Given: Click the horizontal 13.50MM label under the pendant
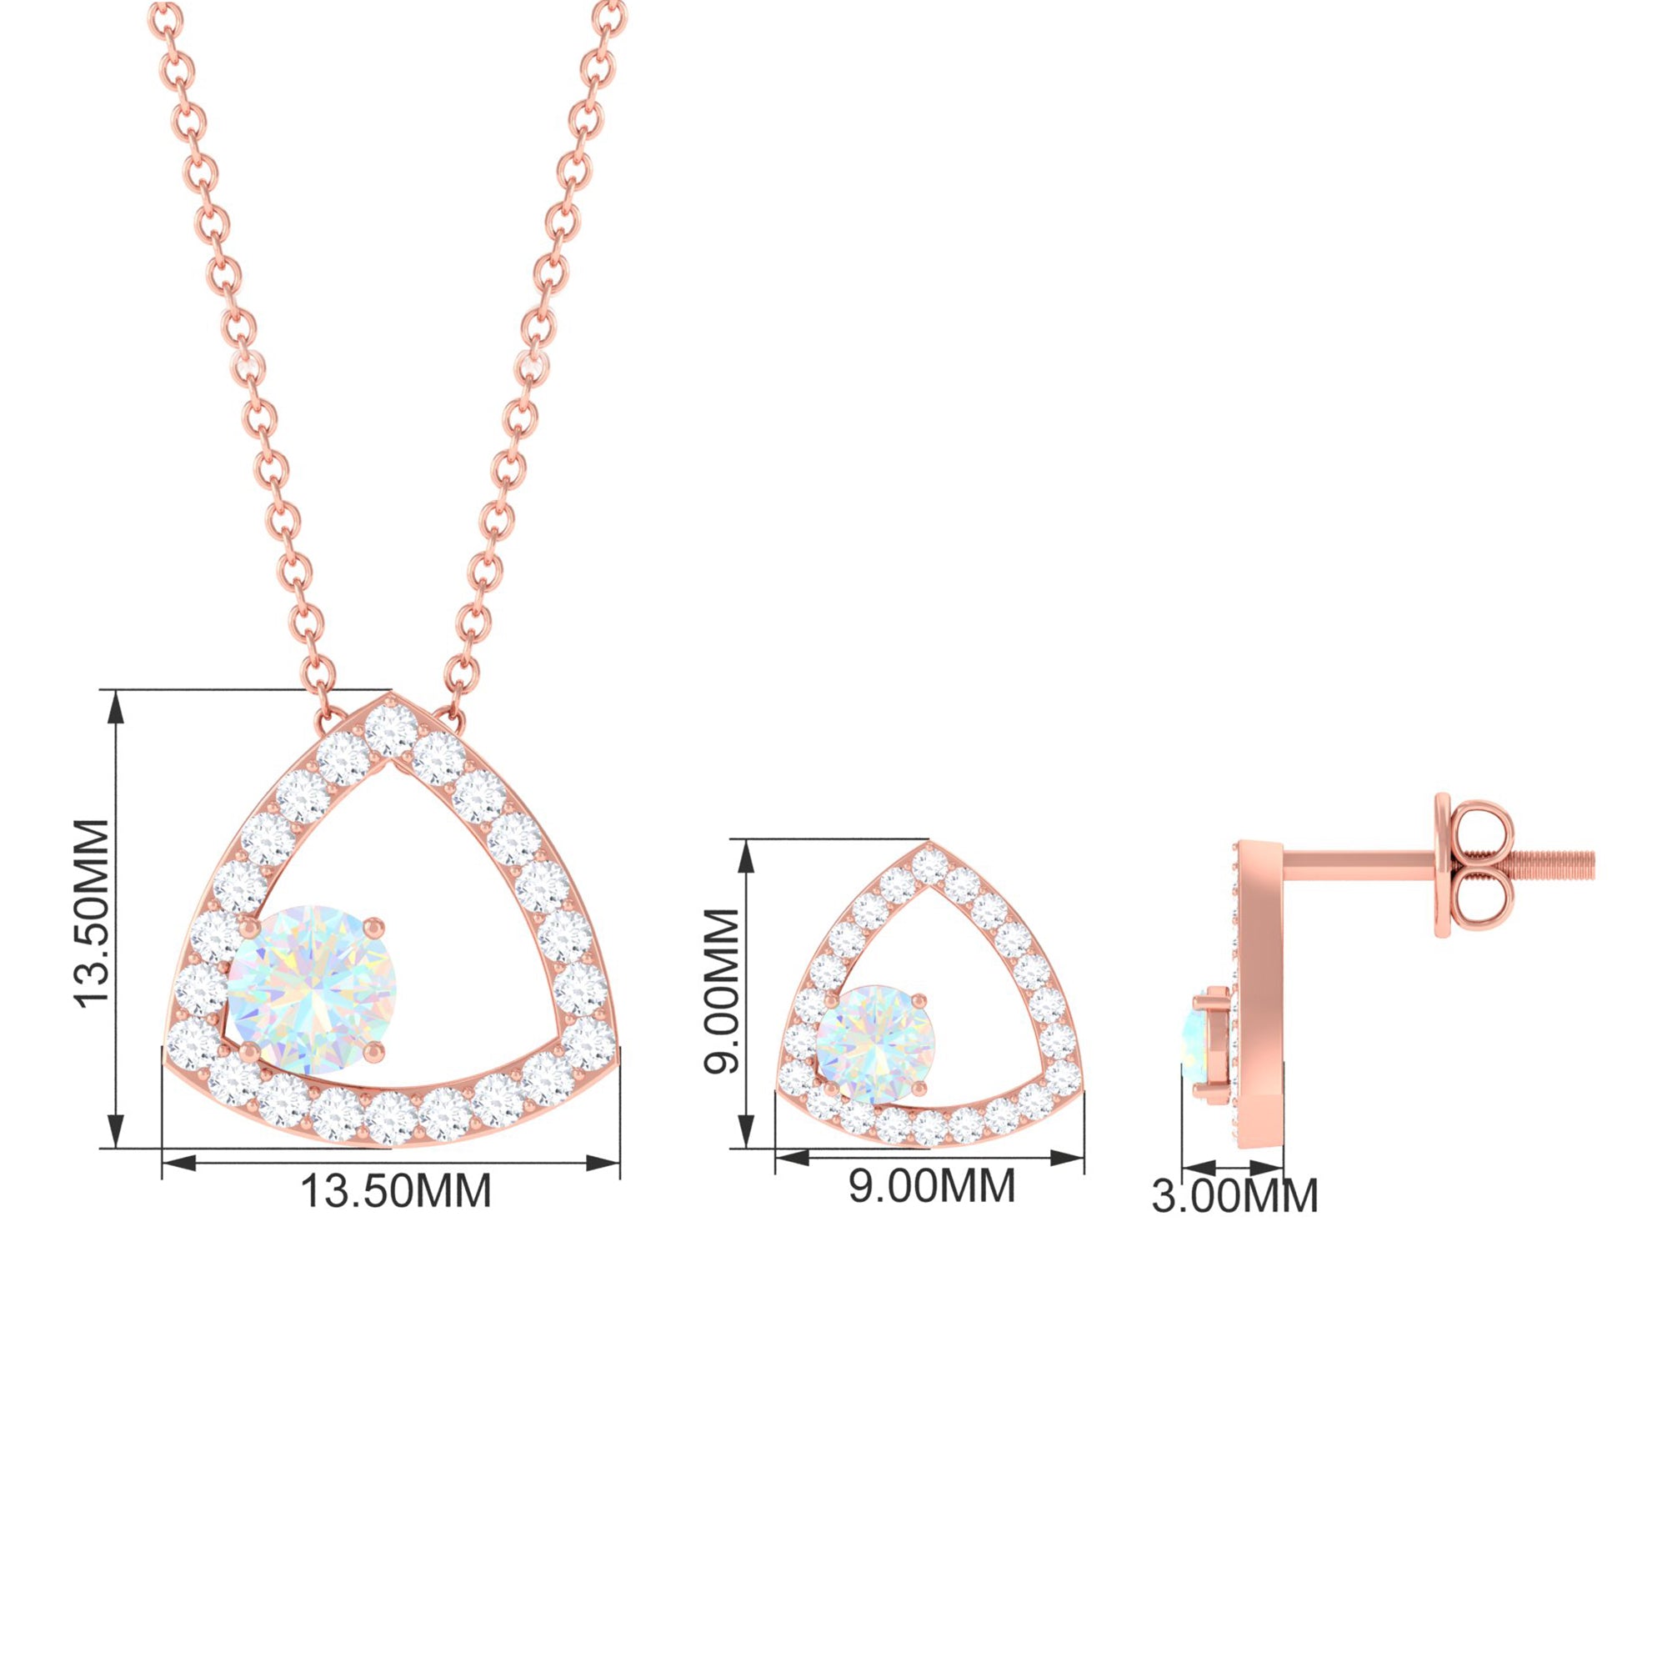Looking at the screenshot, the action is point(395,1192).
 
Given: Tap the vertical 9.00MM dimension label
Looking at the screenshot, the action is point(722,990).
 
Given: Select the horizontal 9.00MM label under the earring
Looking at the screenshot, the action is point(932,1186).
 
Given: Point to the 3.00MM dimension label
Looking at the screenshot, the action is point(1234,1196).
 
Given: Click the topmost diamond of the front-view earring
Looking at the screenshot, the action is point(929,865).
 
